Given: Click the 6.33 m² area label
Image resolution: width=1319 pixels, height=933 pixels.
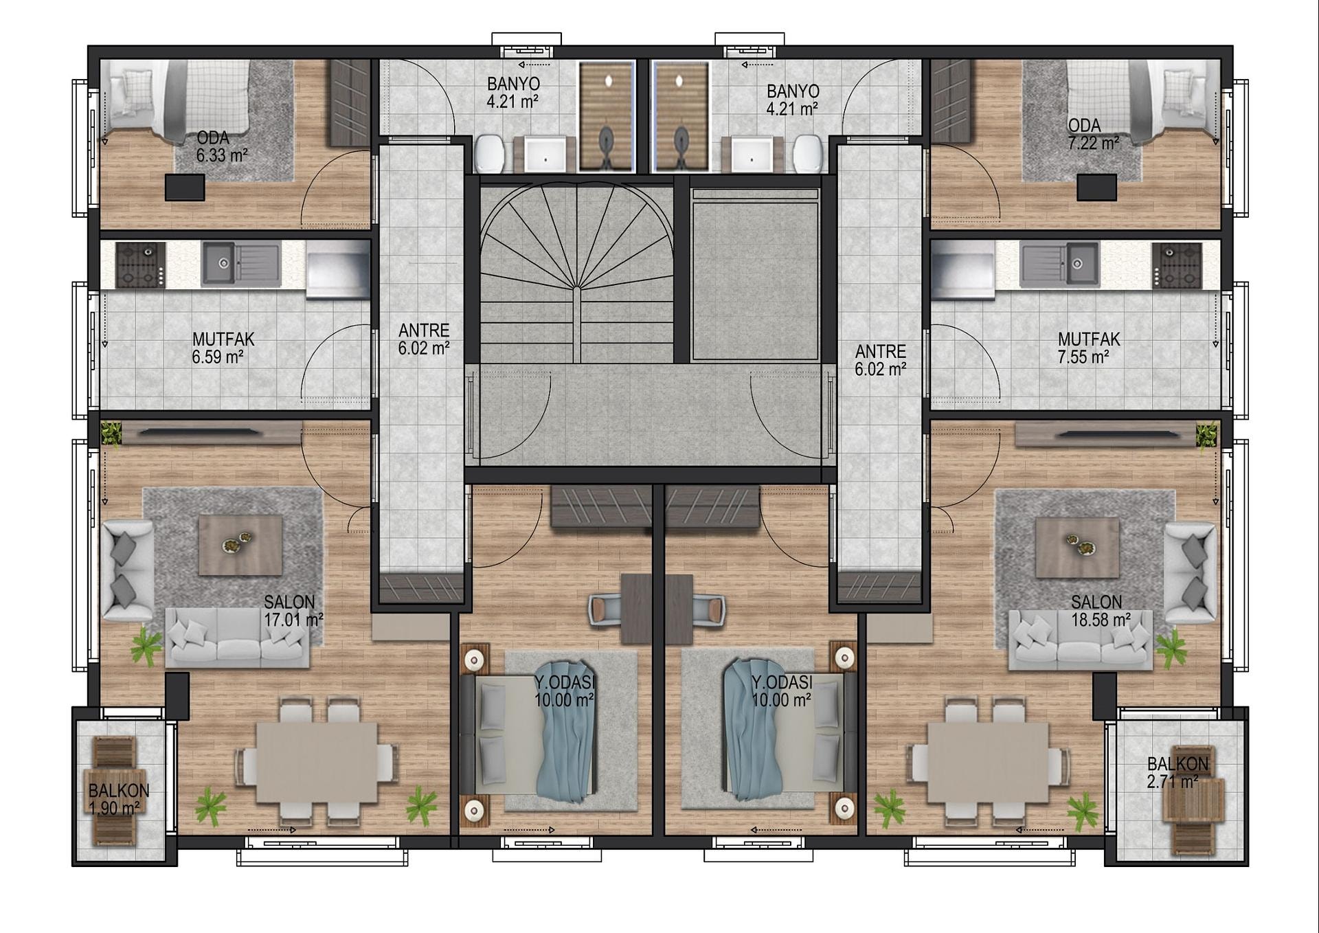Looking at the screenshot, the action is [222, 156].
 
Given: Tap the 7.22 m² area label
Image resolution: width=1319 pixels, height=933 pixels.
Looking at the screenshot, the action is [1094, 143].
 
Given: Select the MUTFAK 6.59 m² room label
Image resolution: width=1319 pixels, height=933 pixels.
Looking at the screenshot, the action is [223, 348].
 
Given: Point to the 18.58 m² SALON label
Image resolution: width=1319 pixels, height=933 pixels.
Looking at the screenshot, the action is [1101, 611].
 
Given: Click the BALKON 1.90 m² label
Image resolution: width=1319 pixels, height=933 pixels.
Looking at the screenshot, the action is [118, 800].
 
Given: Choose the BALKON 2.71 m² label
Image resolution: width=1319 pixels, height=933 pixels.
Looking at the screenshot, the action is [1177, 772].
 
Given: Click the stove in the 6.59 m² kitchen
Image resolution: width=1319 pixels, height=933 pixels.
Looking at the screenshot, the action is [141, 265].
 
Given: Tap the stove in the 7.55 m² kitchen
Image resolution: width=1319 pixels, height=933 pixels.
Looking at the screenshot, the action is [1177, 265].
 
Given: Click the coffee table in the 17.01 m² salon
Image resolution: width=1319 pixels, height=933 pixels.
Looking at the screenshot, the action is [240, 546].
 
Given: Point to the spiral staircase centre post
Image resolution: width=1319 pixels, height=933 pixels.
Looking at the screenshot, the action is [577, 289].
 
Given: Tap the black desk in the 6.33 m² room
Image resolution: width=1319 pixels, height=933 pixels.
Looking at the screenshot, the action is [185, 188].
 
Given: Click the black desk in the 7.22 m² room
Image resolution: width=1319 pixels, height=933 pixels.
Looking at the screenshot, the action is [1096, 188].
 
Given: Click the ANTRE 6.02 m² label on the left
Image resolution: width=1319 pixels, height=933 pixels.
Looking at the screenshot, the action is [424, 339].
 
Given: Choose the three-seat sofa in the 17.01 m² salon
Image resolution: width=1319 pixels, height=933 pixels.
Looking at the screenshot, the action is [238, 638].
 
